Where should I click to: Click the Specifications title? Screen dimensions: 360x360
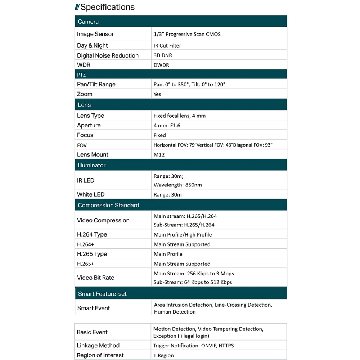[x=107, y=7]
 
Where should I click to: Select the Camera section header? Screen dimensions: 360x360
[x=88, y=22]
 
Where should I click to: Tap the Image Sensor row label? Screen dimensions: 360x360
[x=95, y=34]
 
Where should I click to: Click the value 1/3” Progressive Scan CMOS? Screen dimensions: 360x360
[x=187, y=34]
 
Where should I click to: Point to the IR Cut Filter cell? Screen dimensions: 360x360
[x=167, y=46]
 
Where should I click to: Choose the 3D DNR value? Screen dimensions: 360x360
[x=163, y=55]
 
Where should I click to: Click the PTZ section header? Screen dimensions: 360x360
[x=81, y=75]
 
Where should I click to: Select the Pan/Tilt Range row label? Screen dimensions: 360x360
[x=96, y=84]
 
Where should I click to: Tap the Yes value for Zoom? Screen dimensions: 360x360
[x=157, y=94]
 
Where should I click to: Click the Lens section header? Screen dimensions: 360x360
[x=84, y=105]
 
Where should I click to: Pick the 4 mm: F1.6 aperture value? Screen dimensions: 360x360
[x=167, y=126]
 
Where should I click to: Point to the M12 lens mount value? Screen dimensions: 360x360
[x=159, y=154]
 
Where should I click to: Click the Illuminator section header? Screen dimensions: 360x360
[x=92, y=165]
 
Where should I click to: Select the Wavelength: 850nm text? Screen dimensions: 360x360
[x=178, y=185]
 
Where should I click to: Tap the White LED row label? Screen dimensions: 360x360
[x=91, y=194]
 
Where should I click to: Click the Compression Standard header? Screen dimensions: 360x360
[x=108, y=205]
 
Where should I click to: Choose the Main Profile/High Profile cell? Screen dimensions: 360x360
[x=183, y=235]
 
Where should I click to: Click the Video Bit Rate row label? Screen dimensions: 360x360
[x=95, y=278]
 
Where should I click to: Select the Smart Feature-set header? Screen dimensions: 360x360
[x=102, y=294]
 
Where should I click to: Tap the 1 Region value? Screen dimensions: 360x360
[x=163, y=355]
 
